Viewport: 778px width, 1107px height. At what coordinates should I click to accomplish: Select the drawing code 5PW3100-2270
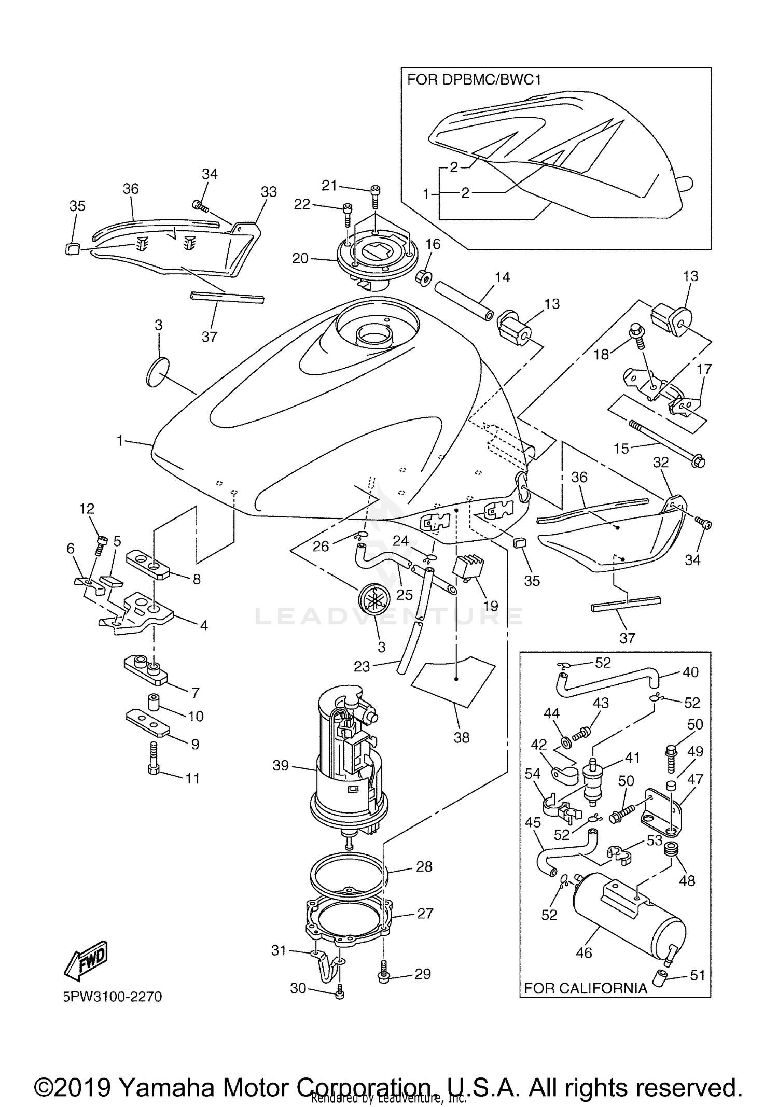click(x=113, y=997)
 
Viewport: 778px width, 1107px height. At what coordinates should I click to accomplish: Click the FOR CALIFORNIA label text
click(x=586, y=988)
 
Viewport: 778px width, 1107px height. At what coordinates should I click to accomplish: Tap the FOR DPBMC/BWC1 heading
click(x=474, y=80)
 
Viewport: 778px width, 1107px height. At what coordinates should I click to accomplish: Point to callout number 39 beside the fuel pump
click(x=281, y=765)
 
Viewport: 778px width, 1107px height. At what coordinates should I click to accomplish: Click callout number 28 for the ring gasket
click(x=424, y=866)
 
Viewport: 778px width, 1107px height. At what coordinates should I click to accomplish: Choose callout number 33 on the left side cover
click(x=268, y=192)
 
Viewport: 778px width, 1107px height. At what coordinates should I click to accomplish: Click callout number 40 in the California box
click(x=690, y=672)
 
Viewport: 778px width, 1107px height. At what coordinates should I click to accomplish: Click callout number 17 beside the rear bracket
click(x=704, y=370)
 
